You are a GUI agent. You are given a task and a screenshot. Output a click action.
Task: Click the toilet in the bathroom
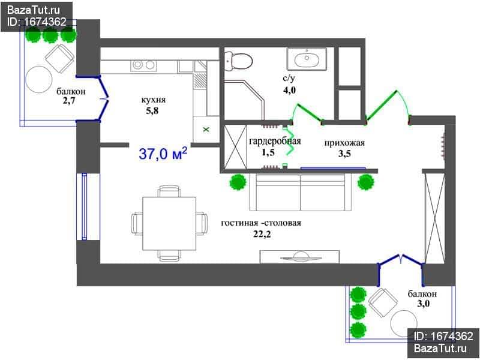[x=238, y=61]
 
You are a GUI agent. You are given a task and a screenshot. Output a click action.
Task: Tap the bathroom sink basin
[x=306, y=59]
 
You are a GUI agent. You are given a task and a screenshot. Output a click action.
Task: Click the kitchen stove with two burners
[x=143, y=65]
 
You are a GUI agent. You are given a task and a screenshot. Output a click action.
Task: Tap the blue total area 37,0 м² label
[x=163, y=154]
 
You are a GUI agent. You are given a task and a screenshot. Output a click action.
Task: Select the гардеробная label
[x=275, y=141]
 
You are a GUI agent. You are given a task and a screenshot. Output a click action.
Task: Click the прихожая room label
[x=344, y=143]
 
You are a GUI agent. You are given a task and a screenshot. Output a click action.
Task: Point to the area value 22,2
[x=262, y=234]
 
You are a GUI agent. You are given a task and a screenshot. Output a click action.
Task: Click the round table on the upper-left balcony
[x=39, y=80]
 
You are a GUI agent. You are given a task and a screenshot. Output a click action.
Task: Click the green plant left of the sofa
[x=238, y=182]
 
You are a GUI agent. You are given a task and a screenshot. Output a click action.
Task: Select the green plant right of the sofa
[x=366, y=182]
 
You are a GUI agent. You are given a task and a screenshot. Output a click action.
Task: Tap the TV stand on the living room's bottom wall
[x=299, y=257]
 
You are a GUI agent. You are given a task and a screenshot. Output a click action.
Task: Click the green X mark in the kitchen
[x=206, y=130]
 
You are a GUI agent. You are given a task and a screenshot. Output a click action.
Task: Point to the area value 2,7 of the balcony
[x=69, y=101]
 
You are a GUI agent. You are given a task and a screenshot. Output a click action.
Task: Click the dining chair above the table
[x=169, y=191]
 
